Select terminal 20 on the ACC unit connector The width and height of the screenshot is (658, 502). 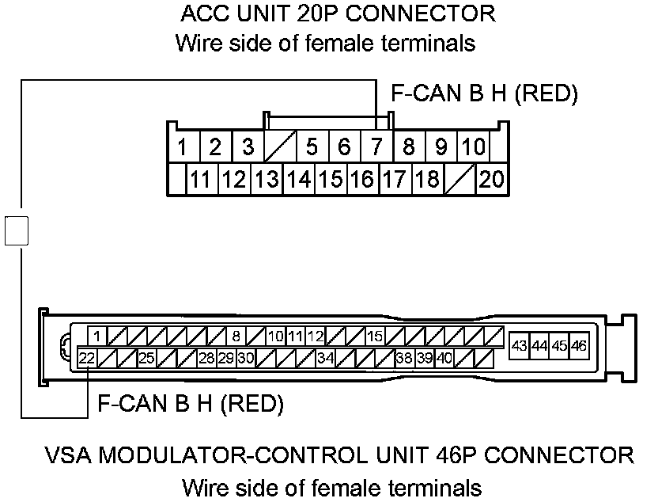491,179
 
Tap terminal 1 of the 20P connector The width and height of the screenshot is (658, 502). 182,146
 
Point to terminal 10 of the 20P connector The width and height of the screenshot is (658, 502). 473,146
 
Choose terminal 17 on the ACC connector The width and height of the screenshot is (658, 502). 394,179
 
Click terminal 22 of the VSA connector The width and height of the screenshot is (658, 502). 87,358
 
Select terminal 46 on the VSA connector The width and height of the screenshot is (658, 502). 579,345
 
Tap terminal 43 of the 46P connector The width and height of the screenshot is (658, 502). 520,345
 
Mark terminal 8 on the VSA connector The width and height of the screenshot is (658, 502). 236,336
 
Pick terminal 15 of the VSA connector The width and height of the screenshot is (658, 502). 374,336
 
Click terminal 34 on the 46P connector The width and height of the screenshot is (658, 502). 325,358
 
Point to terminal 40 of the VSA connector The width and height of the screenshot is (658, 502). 444,358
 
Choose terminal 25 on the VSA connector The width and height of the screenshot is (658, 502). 146,358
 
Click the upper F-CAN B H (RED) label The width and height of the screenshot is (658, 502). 485,94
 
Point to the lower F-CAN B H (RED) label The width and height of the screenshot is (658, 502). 190,405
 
